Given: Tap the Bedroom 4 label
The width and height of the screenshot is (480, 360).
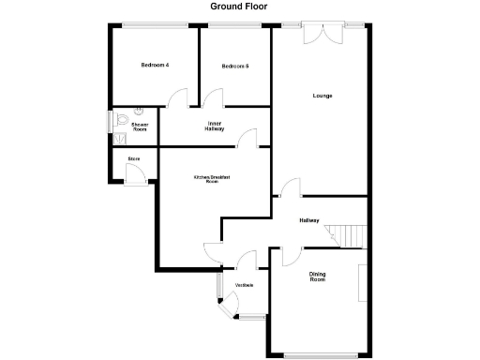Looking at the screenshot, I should point(155,65).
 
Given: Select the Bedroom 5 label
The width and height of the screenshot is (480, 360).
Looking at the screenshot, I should point(234,66).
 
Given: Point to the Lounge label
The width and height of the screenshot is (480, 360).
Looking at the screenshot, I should point(322,96).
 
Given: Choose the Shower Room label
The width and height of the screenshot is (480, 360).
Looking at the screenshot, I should point(140,127).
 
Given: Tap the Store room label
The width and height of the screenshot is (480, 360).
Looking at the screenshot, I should point(133,159).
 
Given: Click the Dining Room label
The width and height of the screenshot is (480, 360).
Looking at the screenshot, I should point(317,277).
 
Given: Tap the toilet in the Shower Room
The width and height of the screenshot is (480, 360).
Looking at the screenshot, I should point(125,119).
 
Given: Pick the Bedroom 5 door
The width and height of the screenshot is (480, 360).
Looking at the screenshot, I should point(214,98).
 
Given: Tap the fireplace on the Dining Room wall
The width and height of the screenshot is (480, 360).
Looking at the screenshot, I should point(362,281).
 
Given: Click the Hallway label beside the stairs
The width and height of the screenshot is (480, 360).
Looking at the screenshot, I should point(309,221).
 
